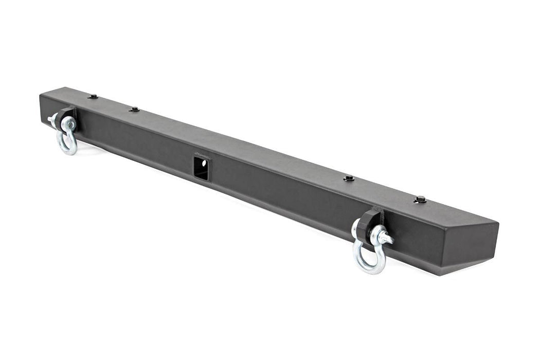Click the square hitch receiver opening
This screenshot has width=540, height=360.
pos(201,168)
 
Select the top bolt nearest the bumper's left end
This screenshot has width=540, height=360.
pos(93,96)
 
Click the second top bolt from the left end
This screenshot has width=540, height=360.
pos(134,109)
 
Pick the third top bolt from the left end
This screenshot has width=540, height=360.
pos(349,178)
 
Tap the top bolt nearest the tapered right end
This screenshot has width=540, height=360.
pos(420,200)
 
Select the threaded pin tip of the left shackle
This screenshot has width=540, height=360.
pos(51,120)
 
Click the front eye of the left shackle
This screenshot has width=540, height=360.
pos(68,124)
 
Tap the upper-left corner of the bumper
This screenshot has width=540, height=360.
pos(41,94)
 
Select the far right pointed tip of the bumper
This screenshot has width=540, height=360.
pos(498,224)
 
